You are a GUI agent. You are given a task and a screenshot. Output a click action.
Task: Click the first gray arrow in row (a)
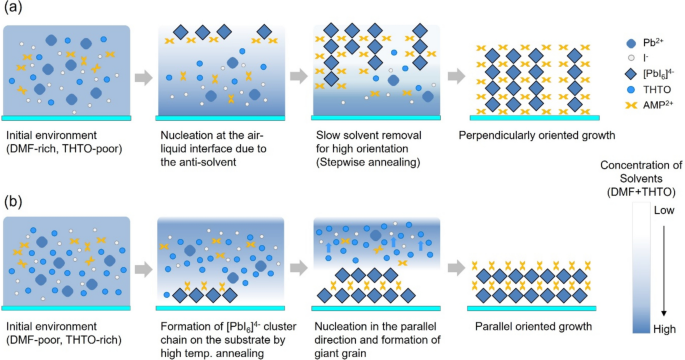coord(143,75)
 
